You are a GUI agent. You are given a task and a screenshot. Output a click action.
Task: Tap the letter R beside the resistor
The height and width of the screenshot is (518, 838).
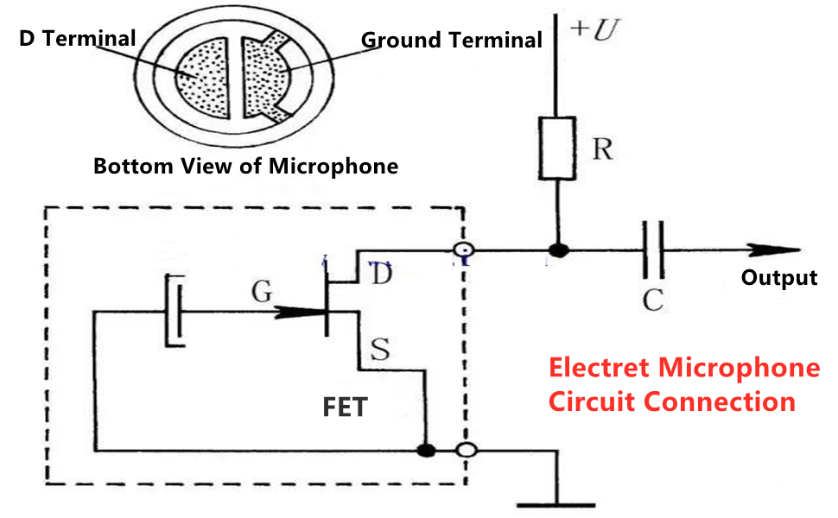(x=602, y=149)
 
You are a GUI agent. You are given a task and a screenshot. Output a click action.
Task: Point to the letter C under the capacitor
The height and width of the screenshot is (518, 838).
(x=653, y=300)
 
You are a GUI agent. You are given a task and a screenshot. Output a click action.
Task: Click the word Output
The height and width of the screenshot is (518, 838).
(x=778, y=278)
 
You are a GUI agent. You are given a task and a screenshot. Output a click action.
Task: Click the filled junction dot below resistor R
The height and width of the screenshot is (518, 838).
(x=559, y=251)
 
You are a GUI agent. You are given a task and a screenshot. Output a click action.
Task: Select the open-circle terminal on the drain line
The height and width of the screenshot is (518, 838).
(x=464, y=251)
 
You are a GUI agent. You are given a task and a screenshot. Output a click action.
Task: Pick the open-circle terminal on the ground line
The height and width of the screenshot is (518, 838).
(x=466, y=450)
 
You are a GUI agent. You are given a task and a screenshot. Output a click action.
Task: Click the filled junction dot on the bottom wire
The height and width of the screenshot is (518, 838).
(x=425, y=450)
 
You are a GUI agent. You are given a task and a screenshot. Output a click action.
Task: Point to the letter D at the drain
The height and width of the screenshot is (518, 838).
(x=380, y=275)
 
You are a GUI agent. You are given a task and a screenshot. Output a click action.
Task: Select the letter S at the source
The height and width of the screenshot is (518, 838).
(x=379, y=349)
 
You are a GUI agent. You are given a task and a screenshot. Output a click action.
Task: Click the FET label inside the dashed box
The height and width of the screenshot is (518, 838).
(x=345, y=407)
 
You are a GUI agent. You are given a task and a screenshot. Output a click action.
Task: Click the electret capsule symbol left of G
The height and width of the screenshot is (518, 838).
(x=174, y=310)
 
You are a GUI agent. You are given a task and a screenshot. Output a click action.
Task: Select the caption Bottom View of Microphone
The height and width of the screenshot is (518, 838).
(x=245, y=166)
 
